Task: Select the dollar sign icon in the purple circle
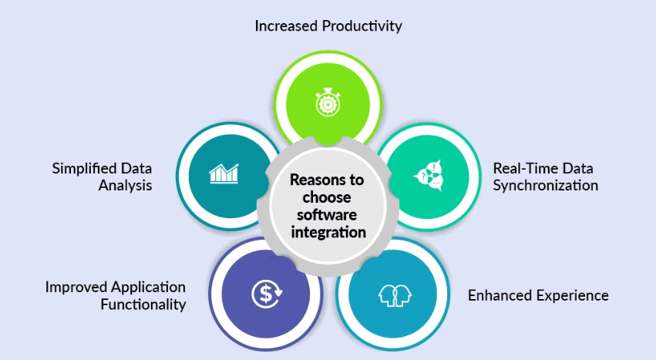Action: click(x=265, y=292)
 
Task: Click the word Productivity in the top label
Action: click(x=362, y=26)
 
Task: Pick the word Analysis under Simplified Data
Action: click(x=124, y=186)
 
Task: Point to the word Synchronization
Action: click(x=545, y=186)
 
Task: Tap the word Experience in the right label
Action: click(x=571, y=295)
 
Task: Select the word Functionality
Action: click(x=143, y=304)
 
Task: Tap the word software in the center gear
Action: click(x=328, y=214)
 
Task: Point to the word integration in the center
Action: click(x=328, y=231)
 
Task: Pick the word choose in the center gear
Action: click(x=328, y=197)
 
